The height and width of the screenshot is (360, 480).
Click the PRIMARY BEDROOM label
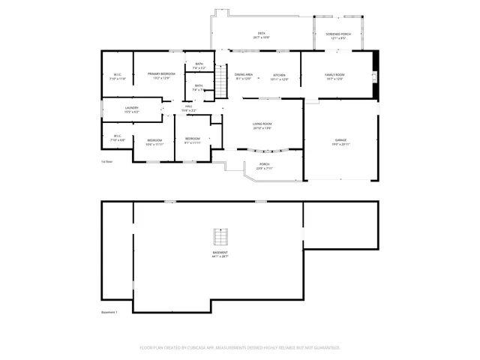pos(161,73)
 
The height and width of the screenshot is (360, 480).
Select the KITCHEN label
pos(280,75)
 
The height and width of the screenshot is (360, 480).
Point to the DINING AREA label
pos(244,75)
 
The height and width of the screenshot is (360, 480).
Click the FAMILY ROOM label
pos(334,75)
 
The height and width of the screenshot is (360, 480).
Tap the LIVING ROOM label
pos(262,124)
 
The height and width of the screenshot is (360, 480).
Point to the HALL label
pos(188,106)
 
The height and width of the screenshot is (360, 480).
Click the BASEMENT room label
pos(219,253)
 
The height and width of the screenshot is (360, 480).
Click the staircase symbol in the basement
pos(219,237)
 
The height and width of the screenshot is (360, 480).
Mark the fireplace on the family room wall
pos(374,75)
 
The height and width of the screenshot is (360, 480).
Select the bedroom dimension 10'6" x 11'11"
pos(154,144)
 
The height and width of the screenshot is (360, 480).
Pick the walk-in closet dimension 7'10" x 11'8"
pos(118,78)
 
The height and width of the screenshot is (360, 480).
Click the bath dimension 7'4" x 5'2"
pos(199,67)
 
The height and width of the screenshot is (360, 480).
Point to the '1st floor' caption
pos(107,161)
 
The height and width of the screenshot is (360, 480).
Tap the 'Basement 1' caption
pos(109,312)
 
